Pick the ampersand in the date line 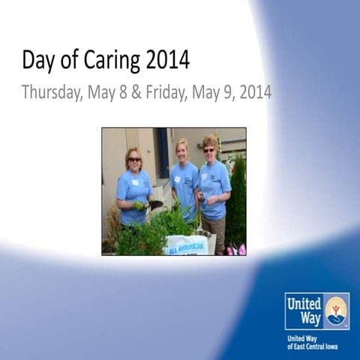[136, 93]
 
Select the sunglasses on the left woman [134, 159]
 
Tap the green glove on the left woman [139, 205]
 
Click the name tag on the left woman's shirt [135, 182]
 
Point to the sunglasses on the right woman [208, 150]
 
